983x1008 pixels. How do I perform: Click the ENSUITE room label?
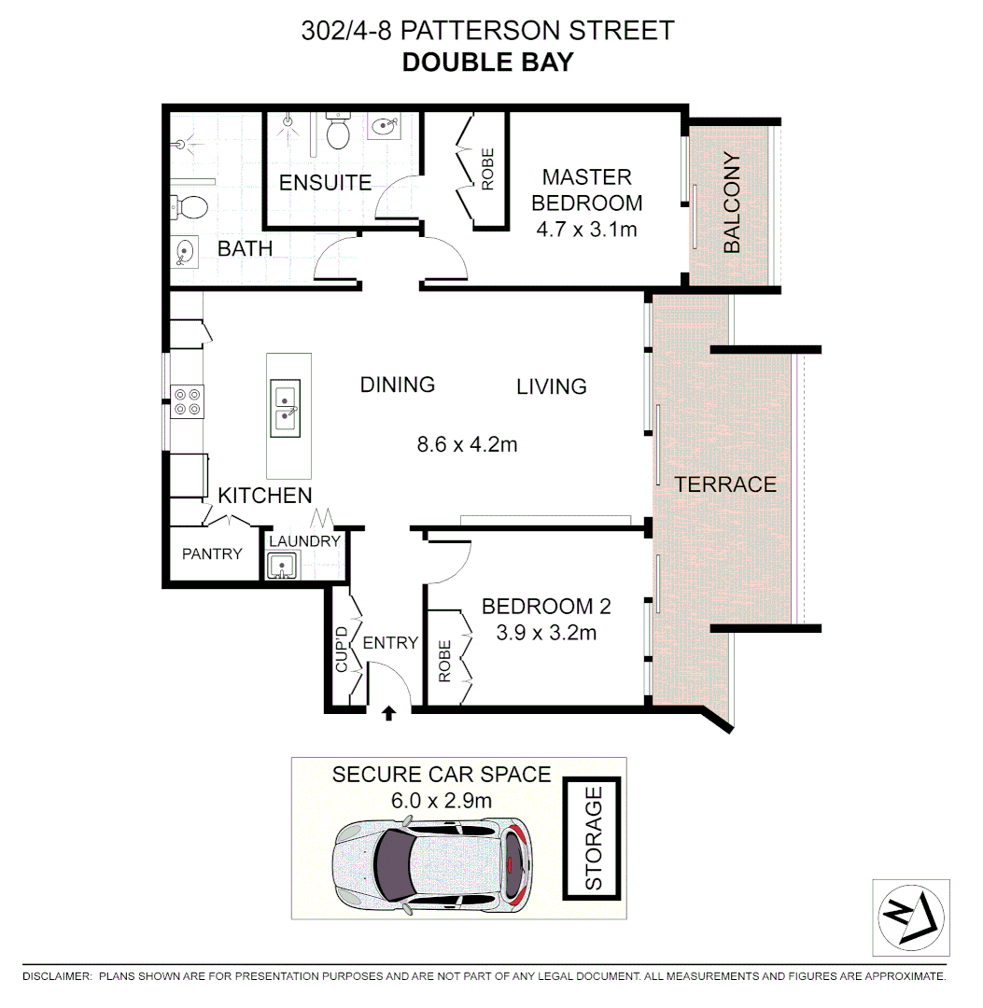coord(326,182)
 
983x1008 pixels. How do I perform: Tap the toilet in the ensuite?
coord(337,133)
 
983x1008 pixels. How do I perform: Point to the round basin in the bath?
coord(186,250)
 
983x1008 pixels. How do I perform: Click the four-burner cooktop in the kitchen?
coord(187,401)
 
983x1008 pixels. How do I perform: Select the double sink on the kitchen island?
coord(285,409)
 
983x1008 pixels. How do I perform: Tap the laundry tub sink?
coord(280,565)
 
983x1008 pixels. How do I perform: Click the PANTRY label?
coord(212,553)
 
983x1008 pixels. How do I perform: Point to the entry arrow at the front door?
coord(389,713)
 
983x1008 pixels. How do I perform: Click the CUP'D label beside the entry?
coord(342,651)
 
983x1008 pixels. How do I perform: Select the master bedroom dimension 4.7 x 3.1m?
coord(587,229)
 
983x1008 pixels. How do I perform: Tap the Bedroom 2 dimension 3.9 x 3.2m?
coord(546,633)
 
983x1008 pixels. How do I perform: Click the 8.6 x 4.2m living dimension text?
coord(467,444)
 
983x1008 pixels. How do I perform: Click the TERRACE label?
coord(725,484)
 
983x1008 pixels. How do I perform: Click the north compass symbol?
coord(910,917)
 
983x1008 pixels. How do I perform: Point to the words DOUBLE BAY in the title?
coord(486,63)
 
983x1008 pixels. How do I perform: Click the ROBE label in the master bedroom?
coord(486,169)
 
